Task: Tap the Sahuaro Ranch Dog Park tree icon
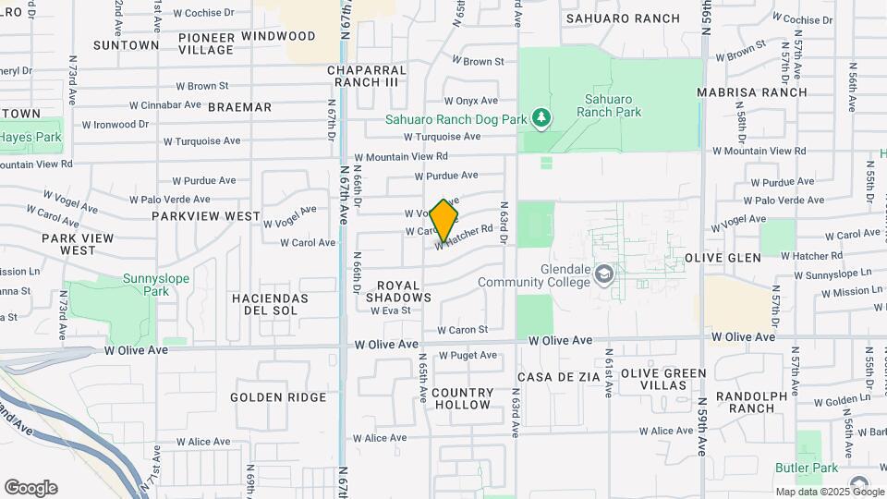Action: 541,117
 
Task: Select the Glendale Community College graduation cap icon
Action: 603,274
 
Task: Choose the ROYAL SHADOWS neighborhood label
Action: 398,291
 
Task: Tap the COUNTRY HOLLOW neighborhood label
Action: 462,398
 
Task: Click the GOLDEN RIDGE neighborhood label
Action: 278,397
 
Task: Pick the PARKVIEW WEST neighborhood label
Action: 206,216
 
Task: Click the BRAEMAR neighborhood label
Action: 240,107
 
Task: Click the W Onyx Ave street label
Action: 470,101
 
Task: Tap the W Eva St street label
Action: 390,311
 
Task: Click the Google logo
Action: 30,487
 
